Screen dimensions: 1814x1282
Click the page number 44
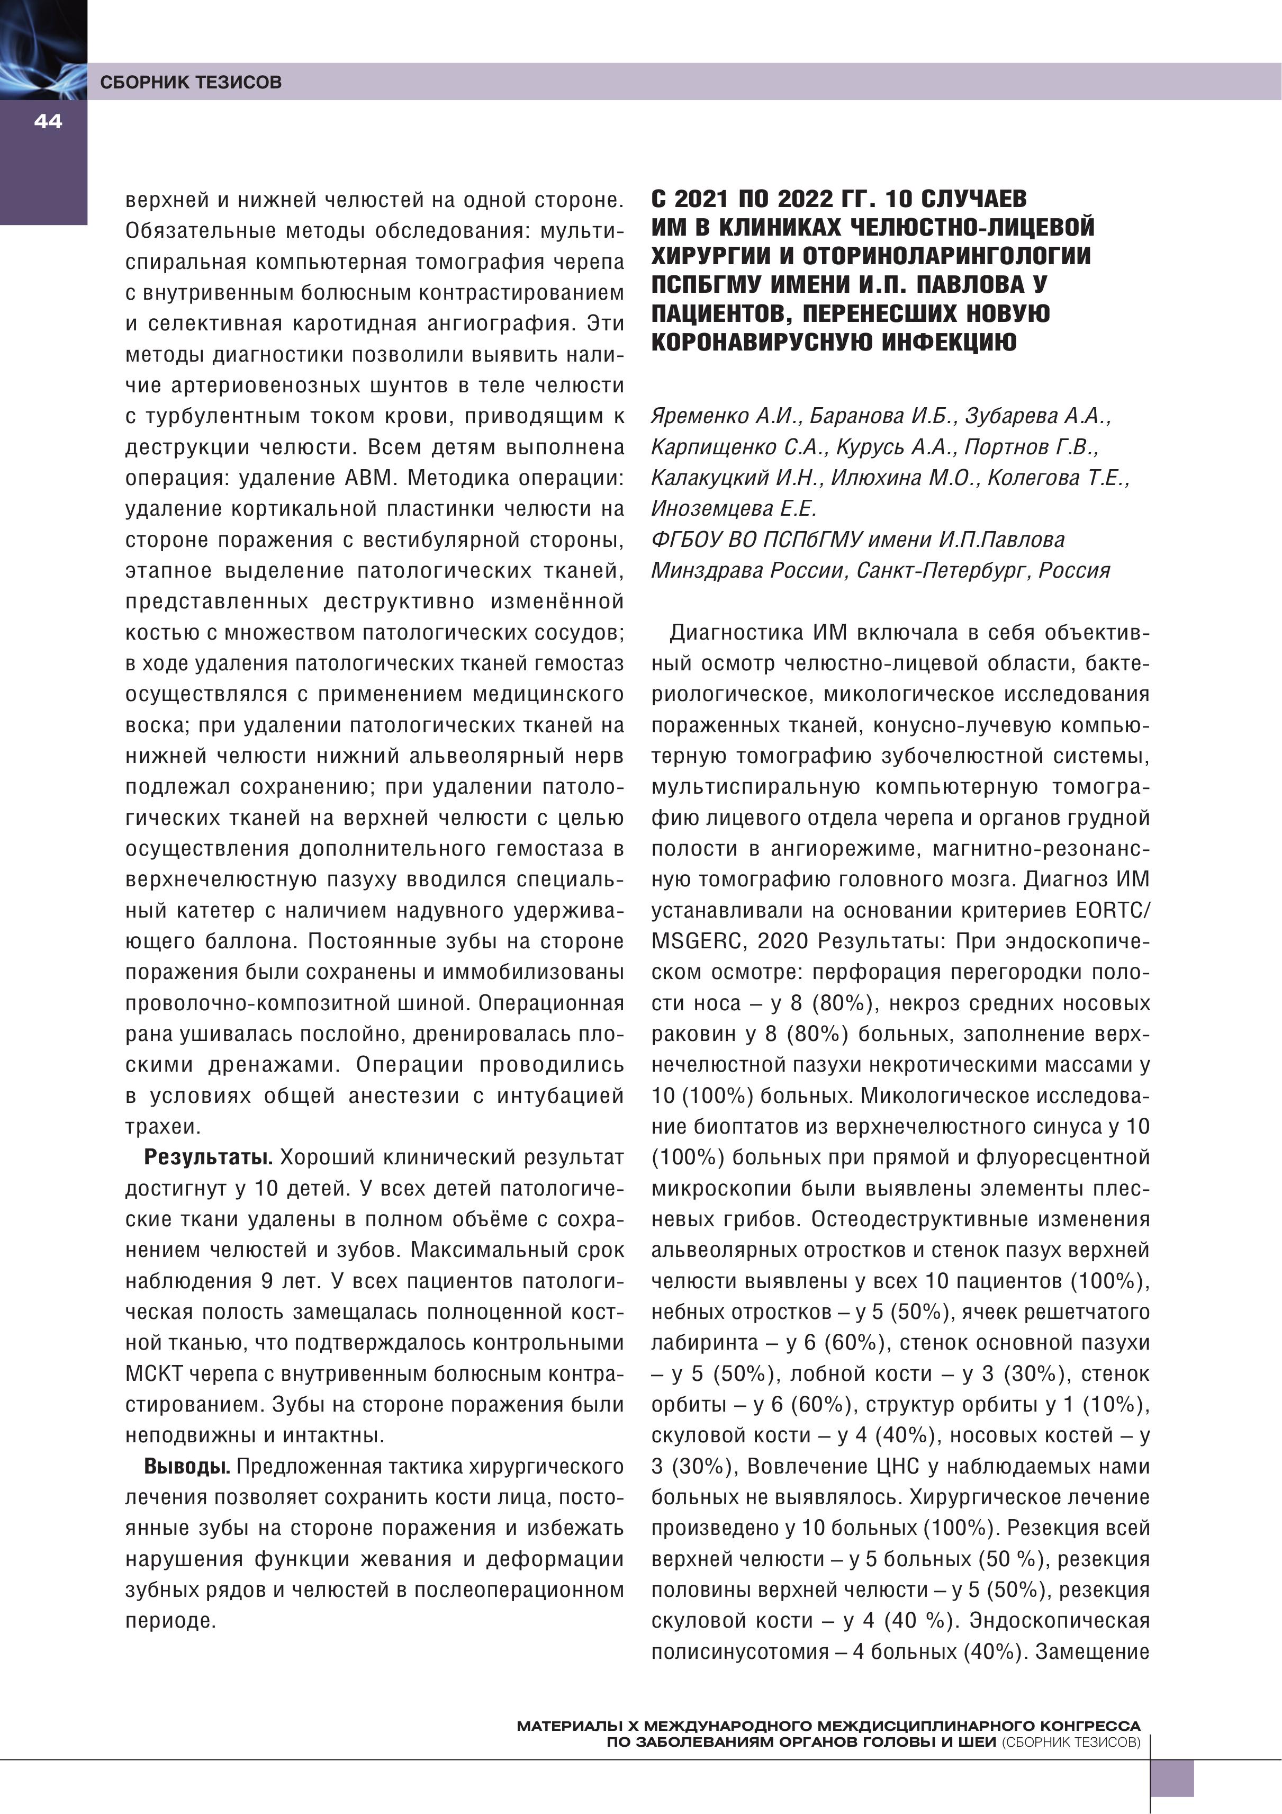tap(48, 121)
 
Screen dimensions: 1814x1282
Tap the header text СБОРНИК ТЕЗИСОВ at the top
tap(191, 82)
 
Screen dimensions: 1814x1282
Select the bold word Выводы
tap(186, 1466)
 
